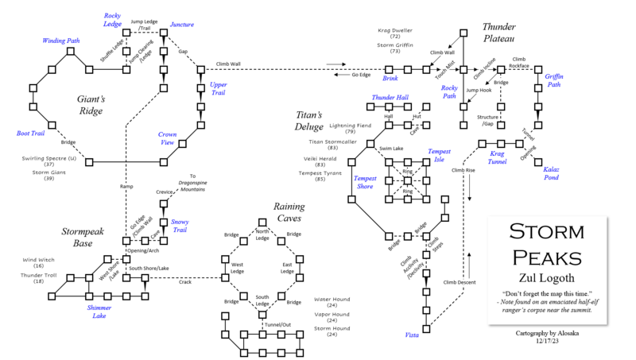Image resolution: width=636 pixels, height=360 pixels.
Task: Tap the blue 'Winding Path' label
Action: click(x=60, y=41)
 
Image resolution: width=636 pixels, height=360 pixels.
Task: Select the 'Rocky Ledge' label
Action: click(x=113, y=20)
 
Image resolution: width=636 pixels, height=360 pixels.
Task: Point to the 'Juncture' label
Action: click(x=182, y=25)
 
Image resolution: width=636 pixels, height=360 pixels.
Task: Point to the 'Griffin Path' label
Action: click(x=553, y=80)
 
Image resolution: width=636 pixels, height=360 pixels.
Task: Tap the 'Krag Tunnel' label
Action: click(x=497, y=157)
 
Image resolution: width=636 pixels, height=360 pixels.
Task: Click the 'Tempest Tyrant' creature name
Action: click(x=320, y=172)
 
